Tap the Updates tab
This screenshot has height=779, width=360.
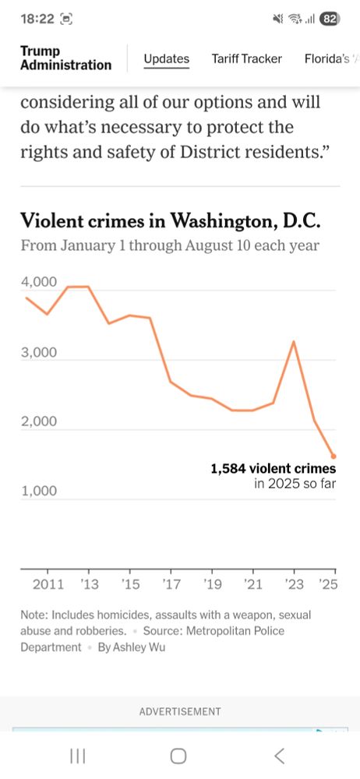pos(166,58)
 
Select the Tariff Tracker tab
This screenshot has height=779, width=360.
pos(246,58)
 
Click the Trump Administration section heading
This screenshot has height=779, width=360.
pos(65,58)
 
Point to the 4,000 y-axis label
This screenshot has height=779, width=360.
pos(38,282)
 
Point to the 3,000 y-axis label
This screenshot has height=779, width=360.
pos(38,352)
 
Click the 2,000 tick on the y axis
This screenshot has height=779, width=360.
pos(38,421)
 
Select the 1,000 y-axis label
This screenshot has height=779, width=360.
pos(38,492)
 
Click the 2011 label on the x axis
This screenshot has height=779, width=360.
pos(48,583)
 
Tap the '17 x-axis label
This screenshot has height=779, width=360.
pos(171,583)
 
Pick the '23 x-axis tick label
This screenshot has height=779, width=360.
pos(293,583)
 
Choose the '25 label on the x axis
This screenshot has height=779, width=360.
pos(329,583)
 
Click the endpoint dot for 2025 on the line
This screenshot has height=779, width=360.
pos(334,456)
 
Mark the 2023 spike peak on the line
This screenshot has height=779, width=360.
pos(294,341)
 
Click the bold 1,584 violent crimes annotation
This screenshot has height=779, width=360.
pos(273,469)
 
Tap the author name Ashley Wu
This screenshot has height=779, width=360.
pos(132,647)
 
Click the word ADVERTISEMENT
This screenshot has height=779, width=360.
pos(180,711)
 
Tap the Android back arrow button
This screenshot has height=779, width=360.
pos(279,755)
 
